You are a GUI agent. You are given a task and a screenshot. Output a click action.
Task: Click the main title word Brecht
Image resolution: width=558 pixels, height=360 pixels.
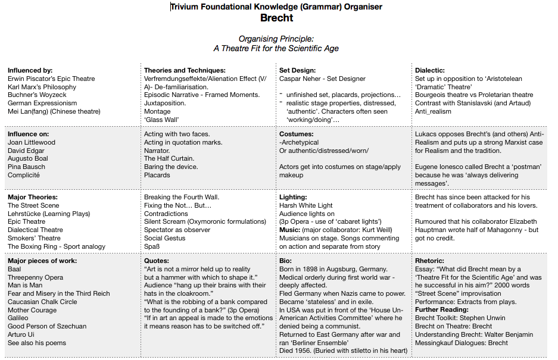click(x=276, y=18)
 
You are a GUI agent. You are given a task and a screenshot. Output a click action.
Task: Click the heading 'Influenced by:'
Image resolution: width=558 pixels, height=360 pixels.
click(x=30, y=70)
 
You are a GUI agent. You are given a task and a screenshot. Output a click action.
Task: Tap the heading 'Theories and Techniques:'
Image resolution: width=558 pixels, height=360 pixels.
click(x=185, y=70)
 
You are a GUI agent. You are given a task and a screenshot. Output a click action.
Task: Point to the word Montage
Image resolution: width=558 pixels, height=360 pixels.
click(x=158, y=111)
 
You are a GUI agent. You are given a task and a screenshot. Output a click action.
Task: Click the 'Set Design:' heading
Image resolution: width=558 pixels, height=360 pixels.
click(x=297, y=70)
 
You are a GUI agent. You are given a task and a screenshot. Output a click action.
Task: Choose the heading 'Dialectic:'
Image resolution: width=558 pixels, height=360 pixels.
click(x=430, y=70)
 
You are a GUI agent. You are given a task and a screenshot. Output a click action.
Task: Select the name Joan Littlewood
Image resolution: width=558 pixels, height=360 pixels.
click(x=32, y=143)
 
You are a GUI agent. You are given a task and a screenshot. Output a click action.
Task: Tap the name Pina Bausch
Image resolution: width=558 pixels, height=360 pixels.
click(x=26, y=167)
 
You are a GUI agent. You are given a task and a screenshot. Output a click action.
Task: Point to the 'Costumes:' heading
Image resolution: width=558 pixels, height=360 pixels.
click(x=297, y=134)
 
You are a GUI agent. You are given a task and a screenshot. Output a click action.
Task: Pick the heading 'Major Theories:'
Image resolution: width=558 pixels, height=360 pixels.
click(x=33, y=197)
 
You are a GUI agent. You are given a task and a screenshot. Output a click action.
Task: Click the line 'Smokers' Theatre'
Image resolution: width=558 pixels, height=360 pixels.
click(x=34, y=238)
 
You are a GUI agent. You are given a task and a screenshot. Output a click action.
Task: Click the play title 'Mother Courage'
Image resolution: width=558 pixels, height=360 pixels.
click(x=33, y=310)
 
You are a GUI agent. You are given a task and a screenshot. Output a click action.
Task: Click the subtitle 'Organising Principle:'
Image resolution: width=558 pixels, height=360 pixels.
click(x=276, y=39)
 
